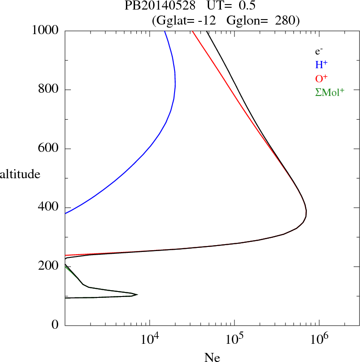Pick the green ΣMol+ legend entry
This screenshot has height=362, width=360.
[330, 92]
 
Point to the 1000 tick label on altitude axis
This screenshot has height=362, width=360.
[46, 30]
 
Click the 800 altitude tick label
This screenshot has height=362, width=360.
[49, 90]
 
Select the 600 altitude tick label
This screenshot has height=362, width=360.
[49, 149]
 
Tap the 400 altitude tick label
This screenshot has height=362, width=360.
[49, 207]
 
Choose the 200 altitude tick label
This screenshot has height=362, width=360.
[49, 266]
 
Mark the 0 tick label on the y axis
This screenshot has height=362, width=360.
[55, 325]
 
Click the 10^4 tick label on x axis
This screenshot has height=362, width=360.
[150, 339]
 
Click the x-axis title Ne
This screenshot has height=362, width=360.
[212, 357]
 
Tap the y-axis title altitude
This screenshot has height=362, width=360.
[20, 174]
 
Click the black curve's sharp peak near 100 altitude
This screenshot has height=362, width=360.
[137, 294]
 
